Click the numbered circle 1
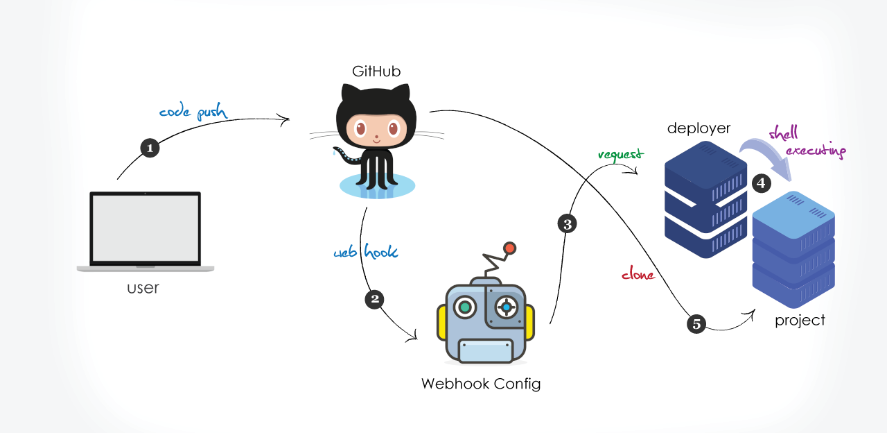(x=150, y=147)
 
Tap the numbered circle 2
(x=374, y=299)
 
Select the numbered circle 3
(x=567, y=224)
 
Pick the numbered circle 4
(x=761, y=183)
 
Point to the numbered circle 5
(x=696, y=323)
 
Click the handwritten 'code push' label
(x=193, y=112)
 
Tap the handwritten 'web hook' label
(x=366, y=252)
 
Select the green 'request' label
(x=620, y=154)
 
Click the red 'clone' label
(x=638, y=275)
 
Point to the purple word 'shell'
(x=783, y=133)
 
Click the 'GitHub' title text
(x=376, y=71)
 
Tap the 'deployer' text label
(x=699, y=128)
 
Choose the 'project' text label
(x=800, y=321)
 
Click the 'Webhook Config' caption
(x=481, y=384)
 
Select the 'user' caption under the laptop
(x=143, y=287)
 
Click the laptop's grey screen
(x=146, y=228)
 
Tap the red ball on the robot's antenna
(x=509, y=248)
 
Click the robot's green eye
(x=465, y=306)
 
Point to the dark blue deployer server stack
(x=705, y=201)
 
